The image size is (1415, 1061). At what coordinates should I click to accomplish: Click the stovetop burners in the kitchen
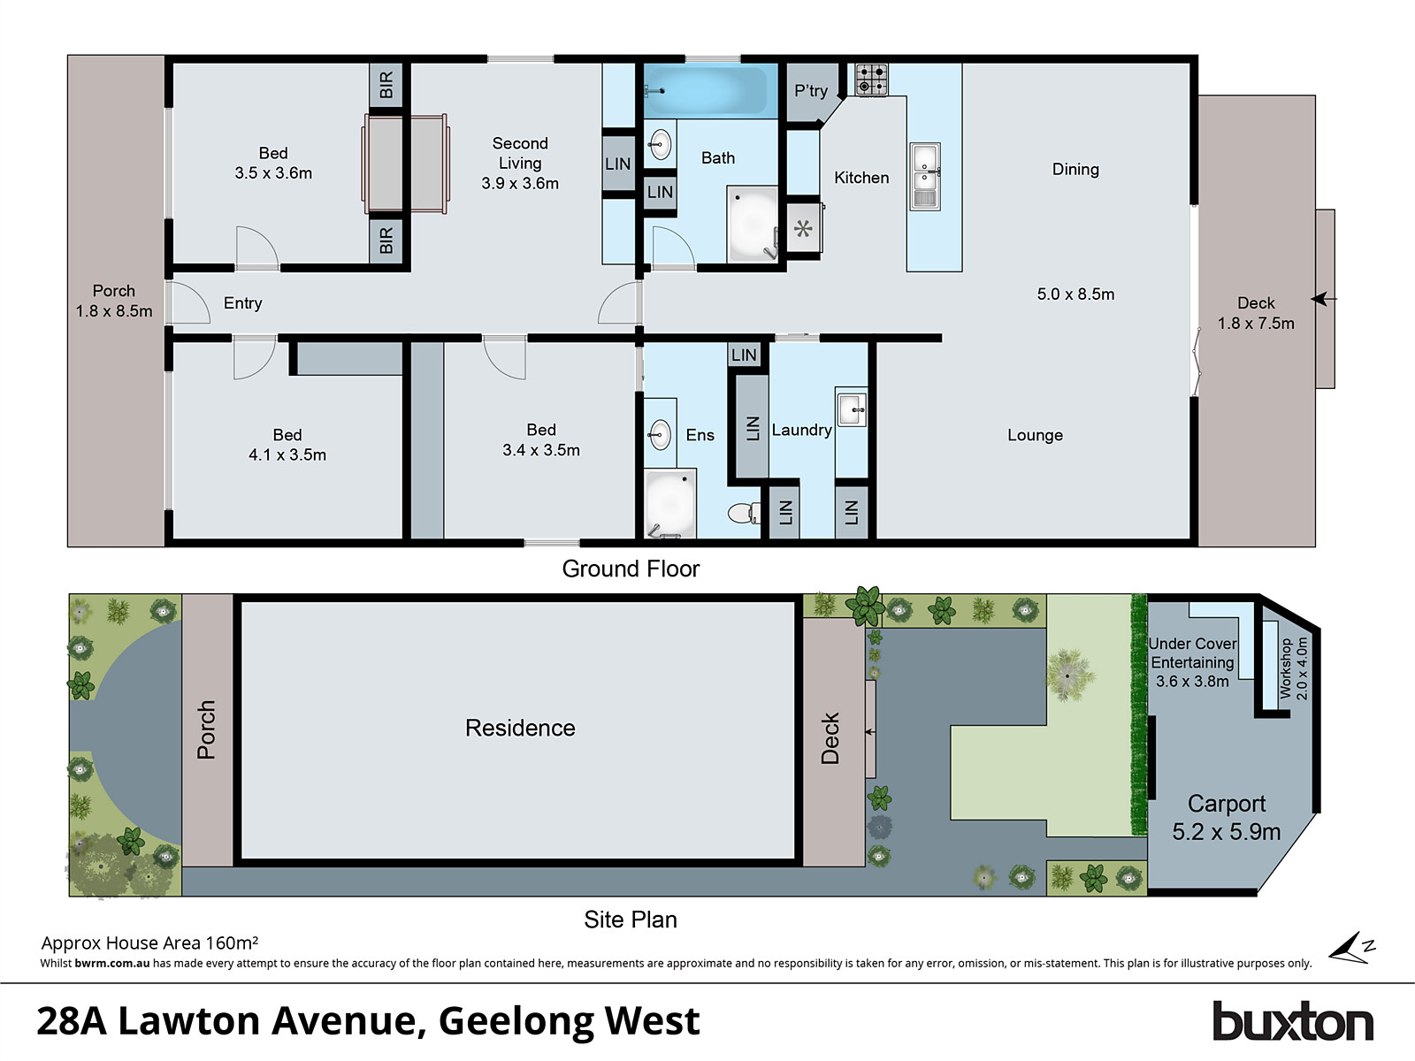[x=871, y=80]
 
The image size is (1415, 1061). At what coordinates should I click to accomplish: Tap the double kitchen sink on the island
[x=925, y=176]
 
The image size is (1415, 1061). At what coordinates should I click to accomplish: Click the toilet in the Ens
[x=742, y=512]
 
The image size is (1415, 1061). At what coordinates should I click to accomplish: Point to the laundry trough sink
[x=852, y=408]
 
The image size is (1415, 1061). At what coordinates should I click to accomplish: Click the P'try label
[x=810, y=90]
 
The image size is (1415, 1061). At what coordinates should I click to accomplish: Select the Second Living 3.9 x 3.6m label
[x=520, y=164]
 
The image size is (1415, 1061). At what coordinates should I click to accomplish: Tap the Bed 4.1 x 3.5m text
[x=287, y=445]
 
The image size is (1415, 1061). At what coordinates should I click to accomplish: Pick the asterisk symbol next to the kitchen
[x=803, y=230]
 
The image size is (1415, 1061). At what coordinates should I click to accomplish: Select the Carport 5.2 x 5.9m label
[x=1226, y=817]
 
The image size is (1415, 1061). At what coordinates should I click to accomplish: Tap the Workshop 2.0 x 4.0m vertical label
[x=1293, y=668]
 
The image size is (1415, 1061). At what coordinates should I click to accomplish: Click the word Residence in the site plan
[x=520, y=728]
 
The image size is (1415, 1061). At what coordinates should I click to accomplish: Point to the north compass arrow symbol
[x=1353, y=948]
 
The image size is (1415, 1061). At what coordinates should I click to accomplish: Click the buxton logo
[x=1292, y=1022]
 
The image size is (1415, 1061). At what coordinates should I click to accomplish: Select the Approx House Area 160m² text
[x=149, y=943]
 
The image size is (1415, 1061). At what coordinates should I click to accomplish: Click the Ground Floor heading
[x=631, y=569]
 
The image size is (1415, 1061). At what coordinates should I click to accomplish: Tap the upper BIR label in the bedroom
[x=386, y=85]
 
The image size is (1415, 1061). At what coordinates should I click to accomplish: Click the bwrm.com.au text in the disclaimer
[x=112, y=963]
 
